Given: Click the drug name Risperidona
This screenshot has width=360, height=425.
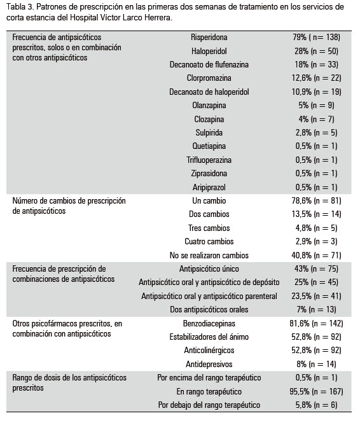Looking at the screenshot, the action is point(209,37).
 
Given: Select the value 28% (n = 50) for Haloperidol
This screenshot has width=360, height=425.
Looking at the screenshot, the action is point(316,51).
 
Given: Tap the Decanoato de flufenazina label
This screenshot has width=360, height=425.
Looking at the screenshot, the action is point(209,64).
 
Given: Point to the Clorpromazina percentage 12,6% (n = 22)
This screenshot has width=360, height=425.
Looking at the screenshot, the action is point(316,78).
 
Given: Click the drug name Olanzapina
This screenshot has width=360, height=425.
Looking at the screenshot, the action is point(209,106).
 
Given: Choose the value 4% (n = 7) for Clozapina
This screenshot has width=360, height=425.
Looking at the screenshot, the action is point(316,119).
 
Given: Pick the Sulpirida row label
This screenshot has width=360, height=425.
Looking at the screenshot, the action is point(209,132).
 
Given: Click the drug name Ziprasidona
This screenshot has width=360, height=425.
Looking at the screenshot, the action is point(209,174).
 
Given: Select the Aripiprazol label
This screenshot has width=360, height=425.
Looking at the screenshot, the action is point(209,187).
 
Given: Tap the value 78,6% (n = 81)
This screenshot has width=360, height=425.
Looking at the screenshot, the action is point(316,200).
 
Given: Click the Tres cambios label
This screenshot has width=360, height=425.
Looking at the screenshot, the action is point(209,228).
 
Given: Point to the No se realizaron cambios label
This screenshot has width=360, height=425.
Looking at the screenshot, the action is point(209,255).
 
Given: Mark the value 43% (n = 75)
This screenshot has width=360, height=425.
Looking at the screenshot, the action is point(316,268).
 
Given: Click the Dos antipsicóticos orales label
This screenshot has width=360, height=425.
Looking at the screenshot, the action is point(209,310).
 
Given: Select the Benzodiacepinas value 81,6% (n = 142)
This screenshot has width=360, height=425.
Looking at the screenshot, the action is point(316,323).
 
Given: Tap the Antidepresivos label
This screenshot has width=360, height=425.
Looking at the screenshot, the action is point(209,364).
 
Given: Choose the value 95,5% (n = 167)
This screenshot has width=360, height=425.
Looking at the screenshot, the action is point(316,391).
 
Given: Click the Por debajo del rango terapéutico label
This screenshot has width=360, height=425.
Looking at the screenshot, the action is point(209,405).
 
